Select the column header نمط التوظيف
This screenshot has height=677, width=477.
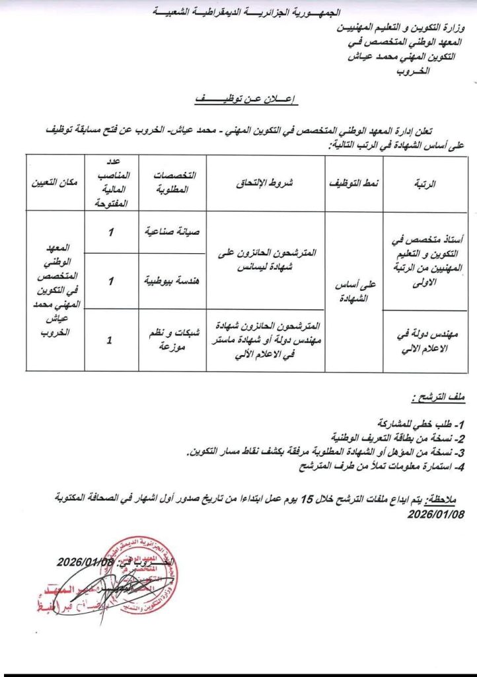click(x=354, y=183)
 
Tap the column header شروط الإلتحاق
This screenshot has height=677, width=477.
click(x=266, y=183)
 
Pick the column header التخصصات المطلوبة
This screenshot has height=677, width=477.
click(x=172, y=183)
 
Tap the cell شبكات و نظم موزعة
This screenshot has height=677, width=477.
click(x=172, y=340)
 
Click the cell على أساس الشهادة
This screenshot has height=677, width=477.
click(x=354, y=291)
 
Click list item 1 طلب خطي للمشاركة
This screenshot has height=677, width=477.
click(x=420, y=422)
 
